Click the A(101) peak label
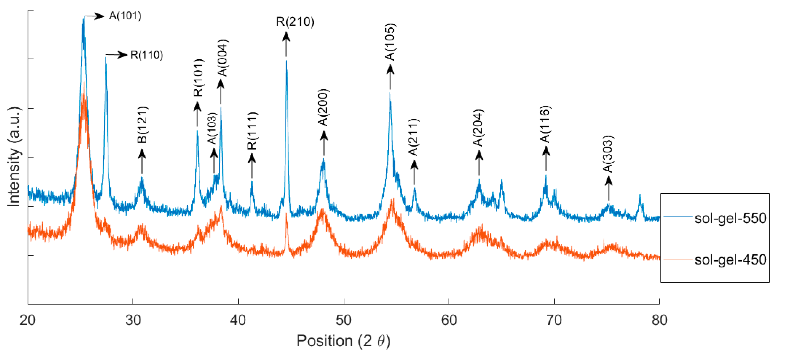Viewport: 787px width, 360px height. (x=125, y=16)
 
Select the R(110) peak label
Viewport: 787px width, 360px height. (x=147, y=55)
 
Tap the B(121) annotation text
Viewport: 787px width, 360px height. (x=142, y=125)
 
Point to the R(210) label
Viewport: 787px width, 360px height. (x=295, y=22)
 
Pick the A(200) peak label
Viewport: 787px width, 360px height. (x=323, y=108)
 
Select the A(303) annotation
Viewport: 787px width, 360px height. (x=608, y=154)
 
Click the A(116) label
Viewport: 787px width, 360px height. (x=545, y=124)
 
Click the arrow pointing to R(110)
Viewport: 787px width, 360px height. (x=116, y=55)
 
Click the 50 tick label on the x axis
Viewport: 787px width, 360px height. (x=343, y=320)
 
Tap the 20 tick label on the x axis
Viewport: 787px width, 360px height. (x=28, y=320)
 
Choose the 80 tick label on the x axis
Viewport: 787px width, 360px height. (x=659, y=320)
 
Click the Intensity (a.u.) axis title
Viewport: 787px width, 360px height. (x=14, y=157)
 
